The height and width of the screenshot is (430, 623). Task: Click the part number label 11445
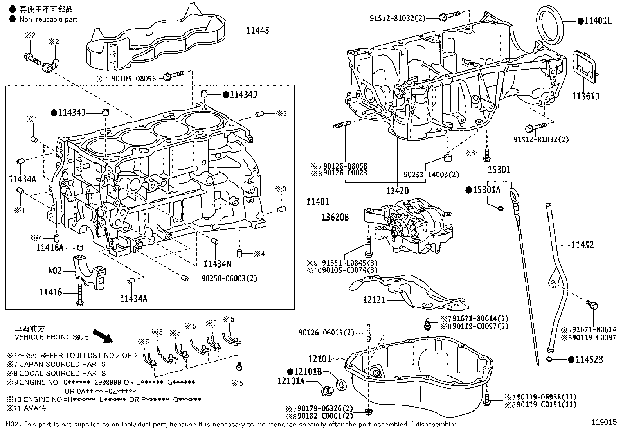click(257, 30)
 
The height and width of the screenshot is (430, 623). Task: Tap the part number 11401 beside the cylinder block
click(318, 202)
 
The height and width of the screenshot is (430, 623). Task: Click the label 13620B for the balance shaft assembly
click(335, 217)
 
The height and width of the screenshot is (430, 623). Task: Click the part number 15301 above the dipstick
click(499, 170)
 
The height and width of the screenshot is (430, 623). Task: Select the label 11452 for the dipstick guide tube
click(582, 245)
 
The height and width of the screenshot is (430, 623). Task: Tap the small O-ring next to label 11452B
click(549, 359)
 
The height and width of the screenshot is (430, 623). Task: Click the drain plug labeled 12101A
click(326, 390)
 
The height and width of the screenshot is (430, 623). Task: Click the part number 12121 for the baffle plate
click(374, 300)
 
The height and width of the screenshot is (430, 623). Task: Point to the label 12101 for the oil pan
click(319, 359)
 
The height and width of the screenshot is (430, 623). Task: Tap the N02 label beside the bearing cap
click(55, 271)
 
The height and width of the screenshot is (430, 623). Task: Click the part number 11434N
click(217, 264)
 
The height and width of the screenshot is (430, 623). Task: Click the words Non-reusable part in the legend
click(49, 19)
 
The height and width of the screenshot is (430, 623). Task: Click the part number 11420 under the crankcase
click(397, 191)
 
